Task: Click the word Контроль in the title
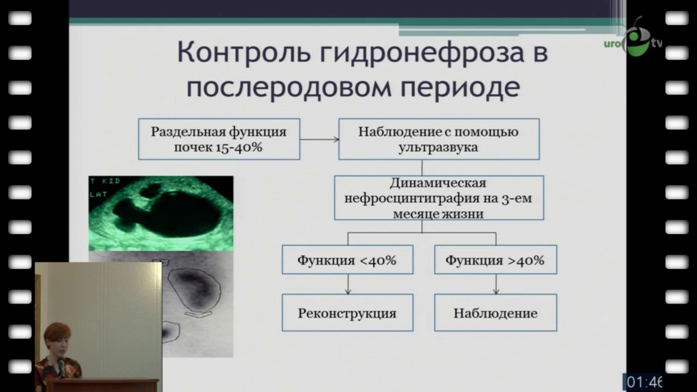[243, 52]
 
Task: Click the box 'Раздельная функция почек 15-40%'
[219, 139]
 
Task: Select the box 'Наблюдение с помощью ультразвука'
[439, 139]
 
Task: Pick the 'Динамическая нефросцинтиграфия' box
[439, 198]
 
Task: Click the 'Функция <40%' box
[347, 259]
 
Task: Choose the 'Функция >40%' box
[496, 259]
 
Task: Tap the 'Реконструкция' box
[347, 312]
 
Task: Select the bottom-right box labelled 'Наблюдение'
[496, 312]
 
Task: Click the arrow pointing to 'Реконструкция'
[348, 284]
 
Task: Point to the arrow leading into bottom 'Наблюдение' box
[496, 284]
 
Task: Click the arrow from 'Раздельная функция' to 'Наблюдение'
[320, 140]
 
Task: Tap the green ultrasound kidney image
[161, 213]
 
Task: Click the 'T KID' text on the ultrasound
[106, 181]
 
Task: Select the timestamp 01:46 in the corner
[644, 382]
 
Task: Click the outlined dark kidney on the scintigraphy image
[195, 291]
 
